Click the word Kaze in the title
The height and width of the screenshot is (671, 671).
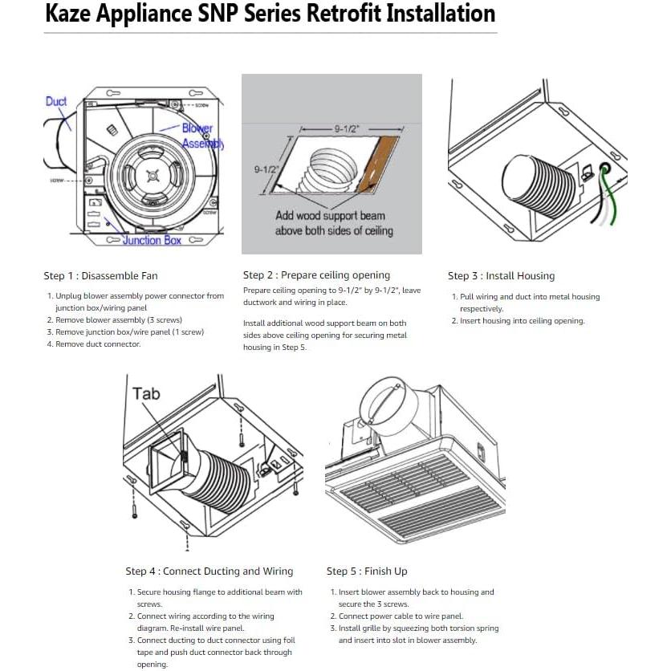tap(71, 14)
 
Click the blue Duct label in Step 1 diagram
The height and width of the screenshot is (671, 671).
tap(56, 102)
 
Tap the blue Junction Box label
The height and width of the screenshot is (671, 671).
tap(152, 240)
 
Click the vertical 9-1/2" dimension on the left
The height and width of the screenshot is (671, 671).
tap(266, 169)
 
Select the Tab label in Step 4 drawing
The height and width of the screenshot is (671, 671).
tap(146, 392)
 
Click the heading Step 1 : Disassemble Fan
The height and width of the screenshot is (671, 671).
tap(100, 276)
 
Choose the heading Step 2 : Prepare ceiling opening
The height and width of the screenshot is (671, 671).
tap(316, 275)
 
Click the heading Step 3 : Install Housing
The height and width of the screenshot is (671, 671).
tap(501, 276)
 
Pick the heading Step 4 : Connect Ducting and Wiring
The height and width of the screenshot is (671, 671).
tap(209, 571)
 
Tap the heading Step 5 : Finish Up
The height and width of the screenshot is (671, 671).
tap(367, 571)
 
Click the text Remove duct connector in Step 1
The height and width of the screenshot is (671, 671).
tap(98, 344)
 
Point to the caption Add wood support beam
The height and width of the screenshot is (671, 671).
tap(330, 216)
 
